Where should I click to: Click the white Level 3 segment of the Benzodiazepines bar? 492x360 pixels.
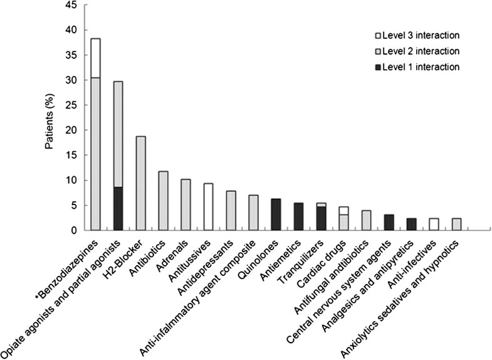pyautogui.click(x=96, y=58)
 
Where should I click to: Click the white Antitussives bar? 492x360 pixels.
pyautogui.click(x=209, y=207)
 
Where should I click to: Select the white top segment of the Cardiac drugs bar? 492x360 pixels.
pyautogui.click(x=344, y=210)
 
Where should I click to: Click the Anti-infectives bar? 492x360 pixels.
pyautogui.click(x=434, y=224)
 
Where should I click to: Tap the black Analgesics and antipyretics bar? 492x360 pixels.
pyautogui.click(x=412, y=224)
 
